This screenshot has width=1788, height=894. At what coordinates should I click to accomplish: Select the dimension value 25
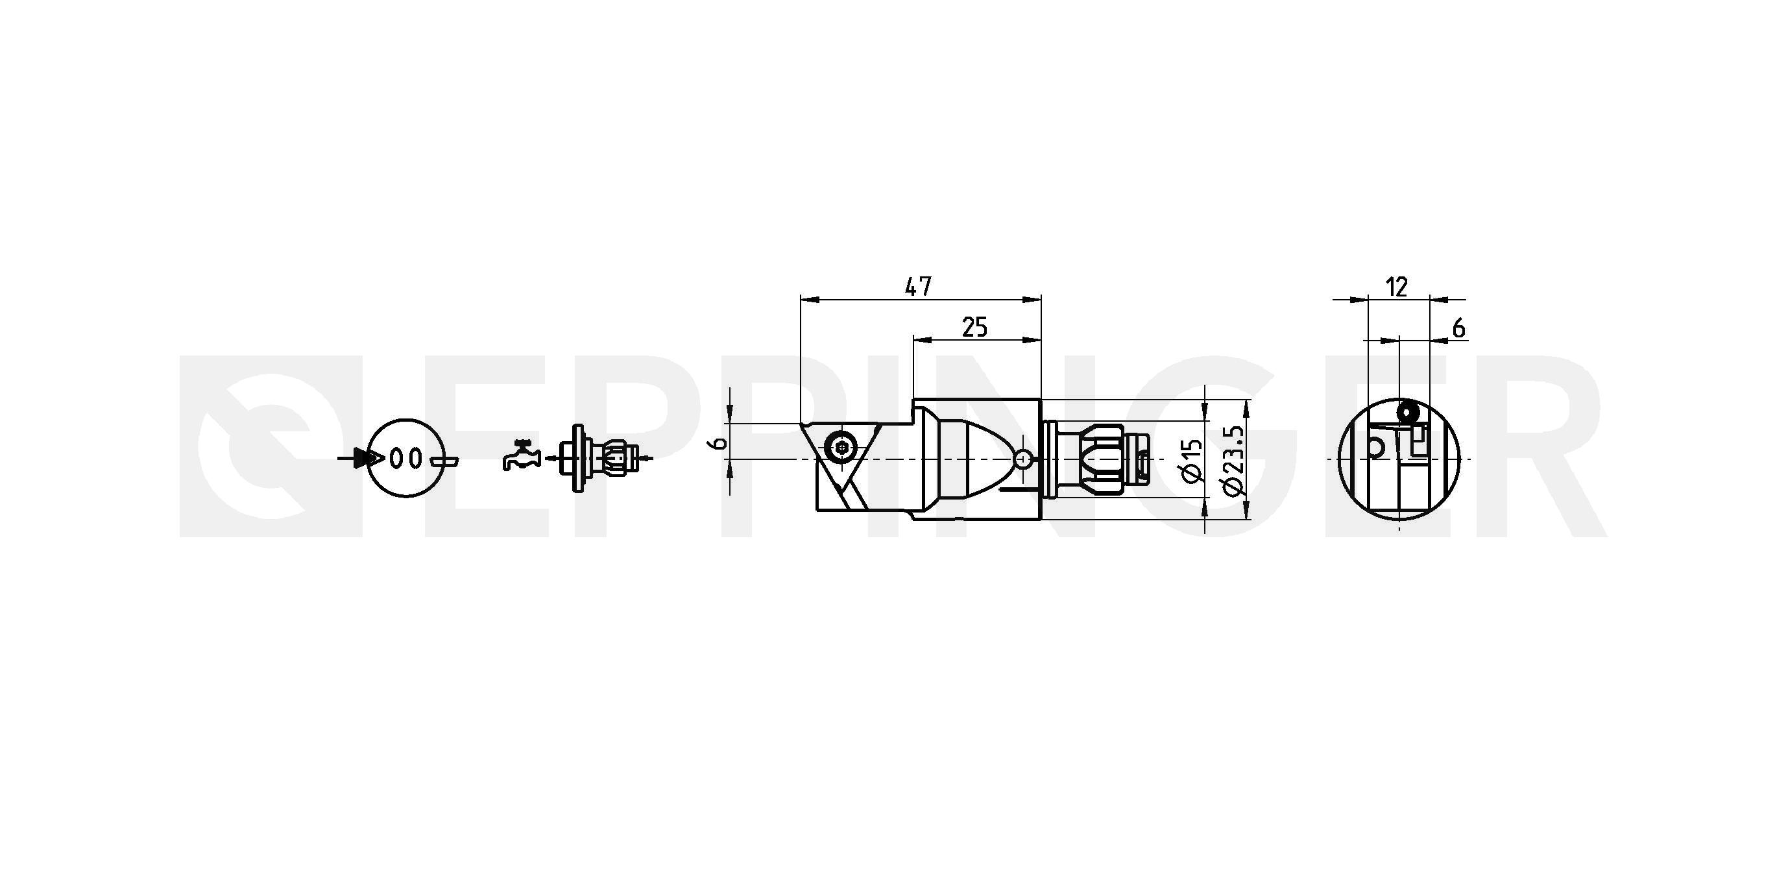[974, 326]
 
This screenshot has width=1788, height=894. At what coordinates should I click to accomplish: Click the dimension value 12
[1396, 287]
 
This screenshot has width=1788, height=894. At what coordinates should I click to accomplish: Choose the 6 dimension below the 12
[1458, 328]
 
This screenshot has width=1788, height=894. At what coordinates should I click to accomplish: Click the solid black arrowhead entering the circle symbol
[366, 458]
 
